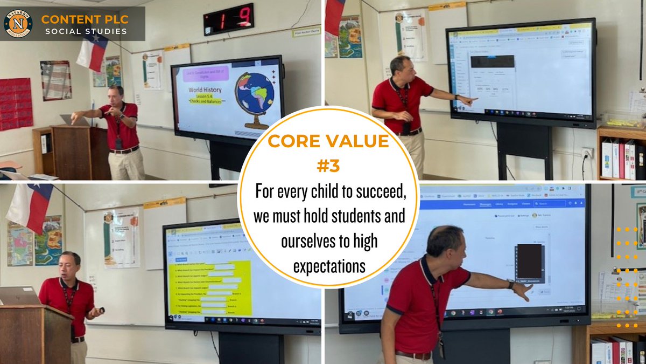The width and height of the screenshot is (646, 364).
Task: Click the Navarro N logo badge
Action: pos(18,24)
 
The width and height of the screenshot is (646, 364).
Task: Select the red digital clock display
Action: pos(228,19)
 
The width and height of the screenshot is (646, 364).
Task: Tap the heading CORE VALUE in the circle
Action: pos(328,142)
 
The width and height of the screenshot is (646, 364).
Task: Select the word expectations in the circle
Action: pos(329,266)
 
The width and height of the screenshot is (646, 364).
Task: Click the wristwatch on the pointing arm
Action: pos(510,284)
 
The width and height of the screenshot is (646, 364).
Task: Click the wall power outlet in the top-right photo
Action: pos(587,153)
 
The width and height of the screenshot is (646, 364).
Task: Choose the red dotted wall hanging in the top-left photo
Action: pos(16,104)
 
